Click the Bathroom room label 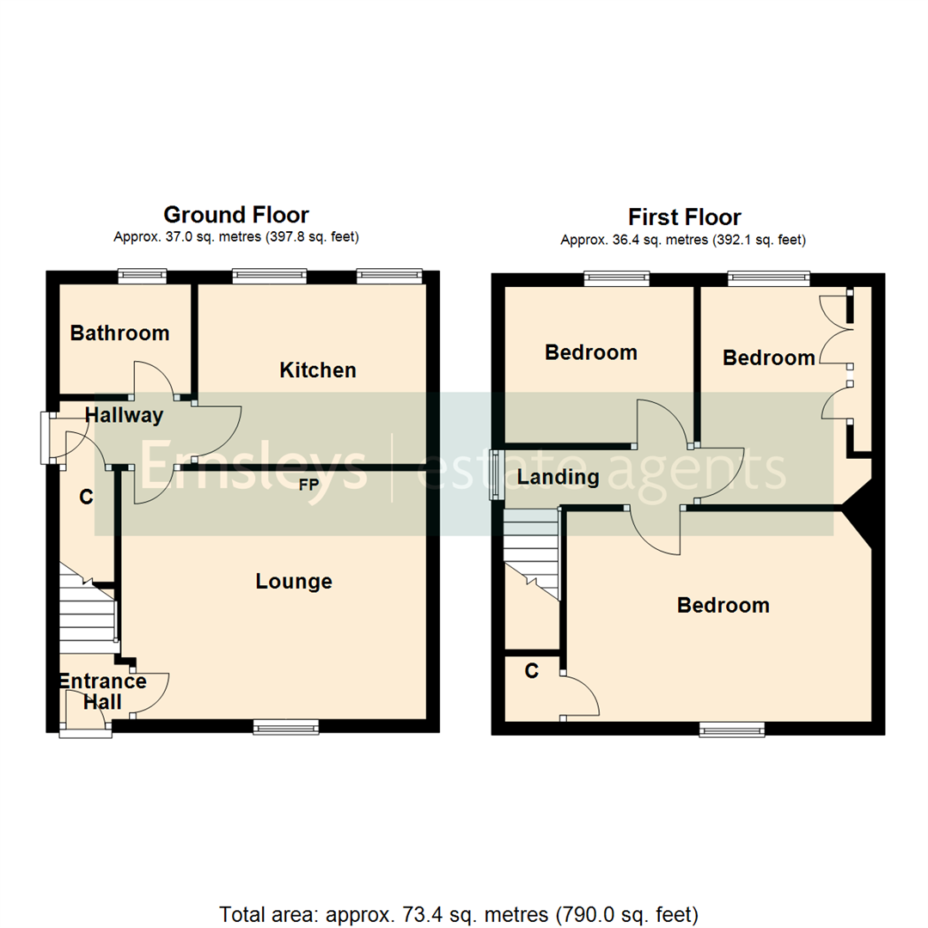pos(119,333)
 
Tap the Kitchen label pos(318,370)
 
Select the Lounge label pos(294,582)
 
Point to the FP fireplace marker pos(308,485)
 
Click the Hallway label pos(124,416)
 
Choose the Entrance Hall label pos(101,692)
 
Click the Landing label pos(558,478)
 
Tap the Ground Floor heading pos(236,214)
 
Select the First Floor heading pos(684,217)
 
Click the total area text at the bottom pos(459,913)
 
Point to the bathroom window pos(143,275)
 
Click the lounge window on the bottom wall pos(286,729)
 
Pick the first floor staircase pos(530,550)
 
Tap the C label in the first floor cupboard pos(532,671)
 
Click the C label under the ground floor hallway pos(86,496)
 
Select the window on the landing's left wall pos(496,474)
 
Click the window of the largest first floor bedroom pos(731,730)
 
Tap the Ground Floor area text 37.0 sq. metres pos(235,237)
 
